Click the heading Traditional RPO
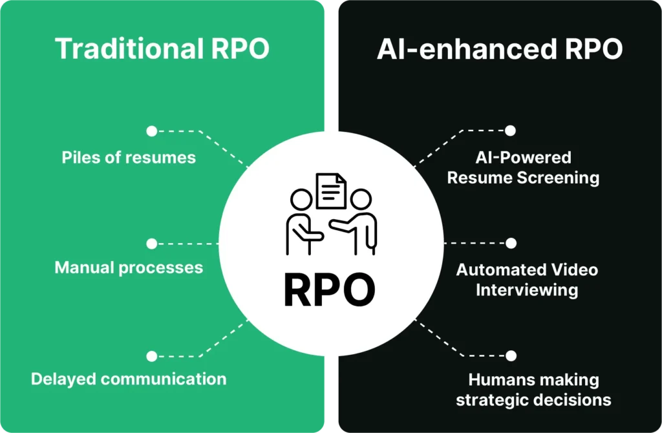coord(162,48)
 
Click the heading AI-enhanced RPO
coord(500,48)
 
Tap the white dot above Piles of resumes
coord(151,131)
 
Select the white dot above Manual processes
coord(151,244)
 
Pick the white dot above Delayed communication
coord(151,356)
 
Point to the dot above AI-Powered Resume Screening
coord(510,131)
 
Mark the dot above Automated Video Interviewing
coord(511,243)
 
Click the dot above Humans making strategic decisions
coord(511,356)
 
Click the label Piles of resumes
coord(129,158)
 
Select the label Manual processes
coord(129,268)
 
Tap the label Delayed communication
coord(129,379)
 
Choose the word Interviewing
coord(527,290)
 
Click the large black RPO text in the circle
coord(330,291)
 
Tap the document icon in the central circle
coord(330,191)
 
